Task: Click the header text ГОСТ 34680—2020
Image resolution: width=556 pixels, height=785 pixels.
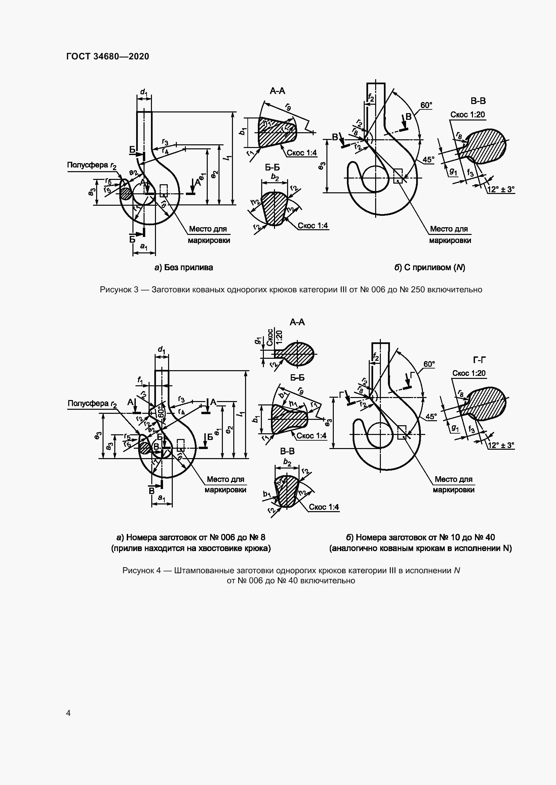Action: tap(108, 56)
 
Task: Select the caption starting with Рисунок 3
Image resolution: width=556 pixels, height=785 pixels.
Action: tap(291, 290)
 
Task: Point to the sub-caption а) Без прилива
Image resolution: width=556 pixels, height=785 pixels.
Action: tap(184, 267)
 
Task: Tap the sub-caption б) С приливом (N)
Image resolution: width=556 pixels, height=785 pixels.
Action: tap(430, 267)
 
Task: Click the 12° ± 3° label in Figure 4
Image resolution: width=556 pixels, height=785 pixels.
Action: tap(501, 445)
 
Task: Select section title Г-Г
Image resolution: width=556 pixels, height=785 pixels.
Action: tap(479, 360)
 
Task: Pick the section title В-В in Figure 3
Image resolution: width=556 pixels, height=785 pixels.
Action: tap(478, 101)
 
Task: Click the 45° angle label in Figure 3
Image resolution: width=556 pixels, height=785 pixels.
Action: tap(428, 160)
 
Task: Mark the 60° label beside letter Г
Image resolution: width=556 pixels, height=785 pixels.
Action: tap(429, 364)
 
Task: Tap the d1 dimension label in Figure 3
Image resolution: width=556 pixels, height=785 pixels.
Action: tap(144, 92)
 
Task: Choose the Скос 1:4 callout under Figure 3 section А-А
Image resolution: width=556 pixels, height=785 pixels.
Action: tap(302, 153)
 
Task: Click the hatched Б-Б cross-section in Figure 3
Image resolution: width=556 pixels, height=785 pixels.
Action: tap(274, 208)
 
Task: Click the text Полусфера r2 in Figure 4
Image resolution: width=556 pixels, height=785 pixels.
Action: tap(92, 404)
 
